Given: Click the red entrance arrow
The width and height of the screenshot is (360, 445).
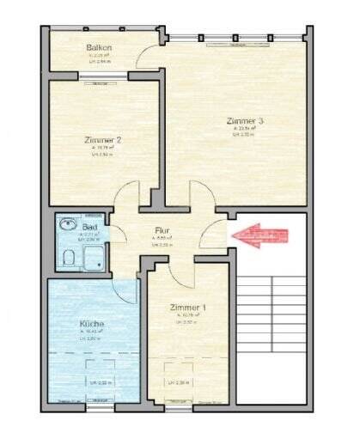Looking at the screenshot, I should [258, 235].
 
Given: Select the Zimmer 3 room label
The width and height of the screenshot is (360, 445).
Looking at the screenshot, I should [245, 121].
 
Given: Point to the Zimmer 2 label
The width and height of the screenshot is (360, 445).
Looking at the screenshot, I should [102, 140].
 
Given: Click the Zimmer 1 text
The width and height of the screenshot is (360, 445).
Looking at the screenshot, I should [187, 307].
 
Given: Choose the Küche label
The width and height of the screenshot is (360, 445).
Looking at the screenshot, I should [92, 324].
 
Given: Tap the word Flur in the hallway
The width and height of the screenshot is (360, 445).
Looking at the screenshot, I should [162, 230].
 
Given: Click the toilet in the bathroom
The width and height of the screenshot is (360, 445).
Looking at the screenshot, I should [67, 257].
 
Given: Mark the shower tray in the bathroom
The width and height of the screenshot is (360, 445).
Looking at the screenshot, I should [95, 255].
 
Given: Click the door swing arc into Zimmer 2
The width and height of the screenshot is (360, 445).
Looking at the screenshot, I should [127, 195].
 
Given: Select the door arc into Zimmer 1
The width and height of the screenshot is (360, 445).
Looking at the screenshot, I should [182, 273].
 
